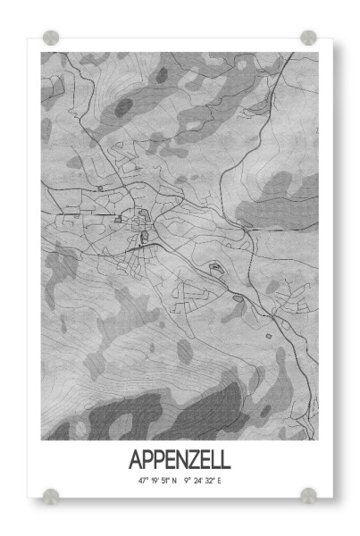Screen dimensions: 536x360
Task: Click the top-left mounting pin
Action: tap(51, 38)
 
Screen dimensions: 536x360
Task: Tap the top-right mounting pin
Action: tap(308, 38)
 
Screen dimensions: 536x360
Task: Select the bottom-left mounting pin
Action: tap(51, 494)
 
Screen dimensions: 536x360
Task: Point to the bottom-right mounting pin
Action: tap(308, 494)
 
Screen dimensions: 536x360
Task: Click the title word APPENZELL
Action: tap(180, 460)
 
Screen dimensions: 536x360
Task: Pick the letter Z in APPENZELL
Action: tap(197, 460)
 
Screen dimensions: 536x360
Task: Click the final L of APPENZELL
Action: tap(225, 460)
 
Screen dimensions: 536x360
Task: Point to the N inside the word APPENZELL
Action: tap(185, 460)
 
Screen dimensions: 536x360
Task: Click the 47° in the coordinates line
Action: tap(143, 482)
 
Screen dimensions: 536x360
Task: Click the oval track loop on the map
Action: tap(214, 266)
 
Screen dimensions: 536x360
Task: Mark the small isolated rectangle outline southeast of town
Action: tap(267, 335)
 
